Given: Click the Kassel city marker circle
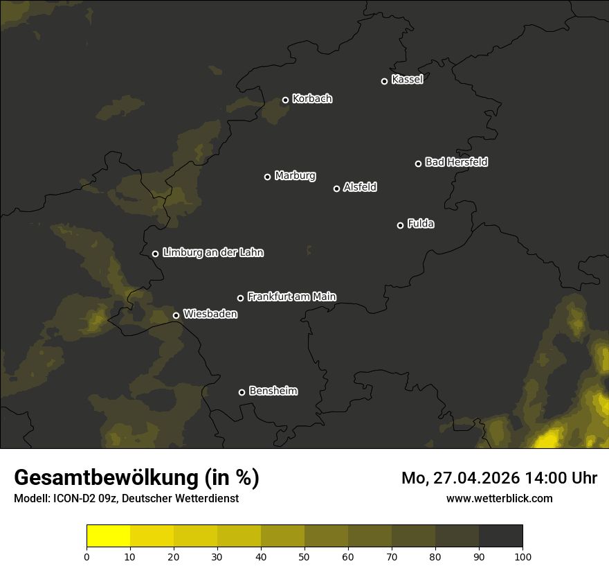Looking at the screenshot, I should [384, 81].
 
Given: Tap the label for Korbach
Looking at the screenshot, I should [312, 99].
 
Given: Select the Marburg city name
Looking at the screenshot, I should [295, 176].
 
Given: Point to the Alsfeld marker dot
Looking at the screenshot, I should [337, 188].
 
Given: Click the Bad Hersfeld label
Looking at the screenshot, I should [456, 162].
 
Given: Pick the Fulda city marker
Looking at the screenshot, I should [400, 225].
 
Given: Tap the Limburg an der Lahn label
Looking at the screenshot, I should [212, 253].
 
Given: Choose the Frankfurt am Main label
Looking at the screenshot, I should [291, 297].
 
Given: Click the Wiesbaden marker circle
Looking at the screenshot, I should [176, 315].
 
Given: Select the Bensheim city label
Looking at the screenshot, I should [273, 391].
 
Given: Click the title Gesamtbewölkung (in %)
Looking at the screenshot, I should [136, 478].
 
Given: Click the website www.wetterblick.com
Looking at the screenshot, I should [500, 498].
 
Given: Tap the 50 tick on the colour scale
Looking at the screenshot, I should [304, 556].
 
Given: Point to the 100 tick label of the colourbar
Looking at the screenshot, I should [522, 556].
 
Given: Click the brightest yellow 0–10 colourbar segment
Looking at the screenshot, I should [109, 536].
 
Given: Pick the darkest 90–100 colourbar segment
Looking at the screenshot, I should [500, 536].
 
